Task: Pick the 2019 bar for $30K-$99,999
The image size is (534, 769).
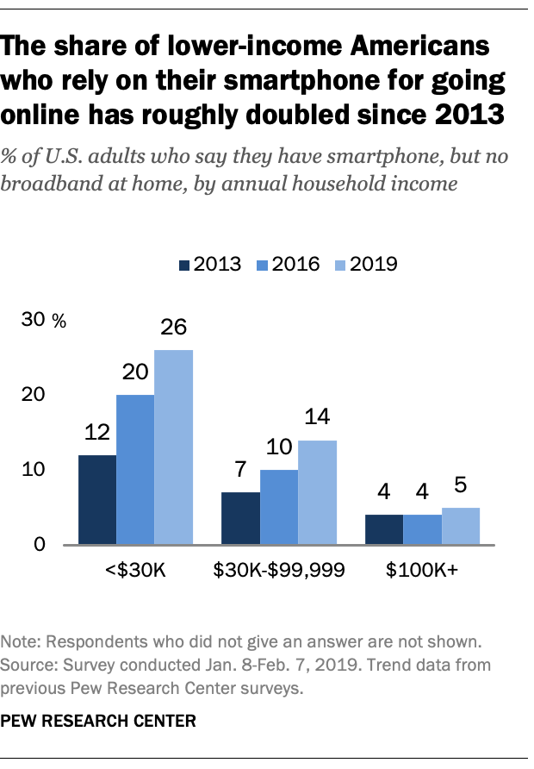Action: tap(317, 492)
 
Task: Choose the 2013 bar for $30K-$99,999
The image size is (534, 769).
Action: tap(240, 518)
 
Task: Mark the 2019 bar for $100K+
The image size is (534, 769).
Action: tap(461, 526)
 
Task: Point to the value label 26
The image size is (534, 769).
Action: tap(173, 328)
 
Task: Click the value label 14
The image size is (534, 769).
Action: tap(317, 419)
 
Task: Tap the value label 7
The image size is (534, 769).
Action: tap(240, 471)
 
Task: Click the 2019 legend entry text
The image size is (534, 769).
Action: tap(374, 264)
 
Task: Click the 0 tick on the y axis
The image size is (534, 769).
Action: tap(40, 545)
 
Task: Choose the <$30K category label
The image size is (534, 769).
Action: tap(135, 571)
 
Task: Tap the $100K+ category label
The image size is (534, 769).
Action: tap(422, 571)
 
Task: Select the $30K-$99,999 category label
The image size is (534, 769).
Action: tap(279, 571)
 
